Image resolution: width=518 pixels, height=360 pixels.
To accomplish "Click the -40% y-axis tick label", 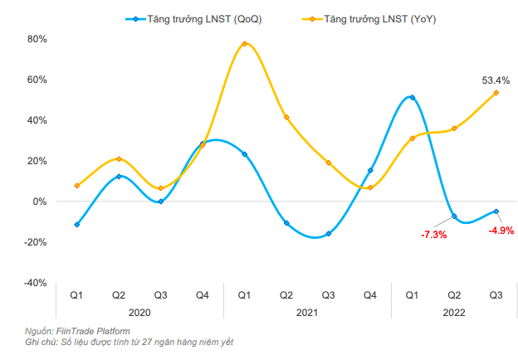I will (36, 283).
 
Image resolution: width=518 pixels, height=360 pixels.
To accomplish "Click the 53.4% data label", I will (496, 80).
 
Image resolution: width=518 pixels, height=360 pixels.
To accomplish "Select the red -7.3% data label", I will (433, 235).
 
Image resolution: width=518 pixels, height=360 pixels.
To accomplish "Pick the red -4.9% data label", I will (501, 230).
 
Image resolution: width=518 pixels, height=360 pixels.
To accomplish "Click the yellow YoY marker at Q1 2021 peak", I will (244, 44).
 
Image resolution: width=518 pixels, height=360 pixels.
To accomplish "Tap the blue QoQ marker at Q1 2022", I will (412, 98).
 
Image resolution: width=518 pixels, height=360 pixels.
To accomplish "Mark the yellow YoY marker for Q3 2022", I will (496, 93).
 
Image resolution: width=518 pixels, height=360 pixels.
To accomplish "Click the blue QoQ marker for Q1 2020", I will (76, 225).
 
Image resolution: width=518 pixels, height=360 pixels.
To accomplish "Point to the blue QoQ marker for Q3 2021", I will (328, 234).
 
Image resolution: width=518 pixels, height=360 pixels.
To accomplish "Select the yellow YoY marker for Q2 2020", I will (119, 159).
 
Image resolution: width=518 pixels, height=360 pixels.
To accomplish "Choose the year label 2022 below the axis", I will (454, 313).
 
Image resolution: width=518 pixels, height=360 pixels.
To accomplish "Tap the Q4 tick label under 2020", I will (203, 294).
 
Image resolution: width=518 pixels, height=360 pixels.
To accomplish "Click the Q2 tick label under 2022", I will (454, 294).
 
